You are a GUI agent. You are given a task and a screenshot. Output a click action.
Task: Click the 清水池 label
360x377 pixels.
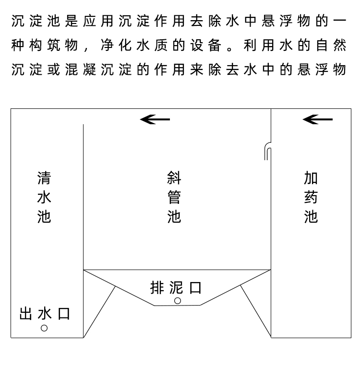tap(44, 197)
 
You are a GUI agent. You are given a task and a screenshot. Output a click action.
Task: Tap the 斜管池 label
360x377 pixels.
tap(174, 197)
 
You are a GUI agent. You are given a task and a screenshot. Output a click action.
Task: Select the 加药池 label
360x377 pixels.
tap(311, 197)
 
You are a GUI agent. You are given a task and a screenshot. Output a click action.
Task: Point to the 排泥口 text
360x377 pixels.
tap(176, 287)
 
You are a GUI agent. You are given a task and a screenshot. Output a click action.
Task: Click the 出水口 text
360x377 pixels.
tap(45, 314)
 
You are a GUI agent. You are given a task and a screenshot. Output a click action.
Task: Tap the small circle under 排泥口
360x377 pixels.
tap(178, 301)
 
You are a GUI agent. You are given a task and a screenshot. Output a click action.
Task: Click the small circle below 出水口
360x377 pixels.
tap(44, 328)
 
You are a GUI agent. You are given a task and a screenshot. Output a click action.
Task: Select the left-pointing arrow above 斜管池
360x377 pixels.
tap(155, 119)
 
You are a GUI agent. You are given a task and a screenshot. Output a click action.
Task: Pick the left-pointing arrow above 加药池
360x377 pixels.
tap(318, 119)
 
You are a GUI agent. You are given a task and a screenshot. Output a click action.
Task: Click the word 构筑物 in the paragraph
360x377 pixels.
tap(53, 45)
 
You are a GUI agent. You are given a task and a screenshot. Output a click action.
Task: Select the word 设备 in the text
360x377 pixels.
tap(206, 45)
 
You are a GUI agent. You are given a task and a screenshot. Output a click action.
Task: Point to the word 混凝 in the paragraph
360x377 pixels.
tap(80, 70)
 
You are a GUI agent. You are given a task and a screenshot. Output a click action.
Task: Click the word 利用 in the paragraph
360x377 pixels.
tap(259, 45)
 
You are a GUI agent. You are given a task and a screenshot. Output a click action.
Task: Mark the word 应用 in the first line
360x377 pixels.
tap(98, 21)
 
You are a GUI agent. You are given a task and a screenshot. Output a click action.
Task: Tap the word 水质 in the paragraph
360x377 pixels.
tap(152, 45)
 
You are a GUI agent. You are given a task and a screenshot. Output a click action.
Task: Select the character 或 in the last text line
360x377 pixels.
tap(54, 70)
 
